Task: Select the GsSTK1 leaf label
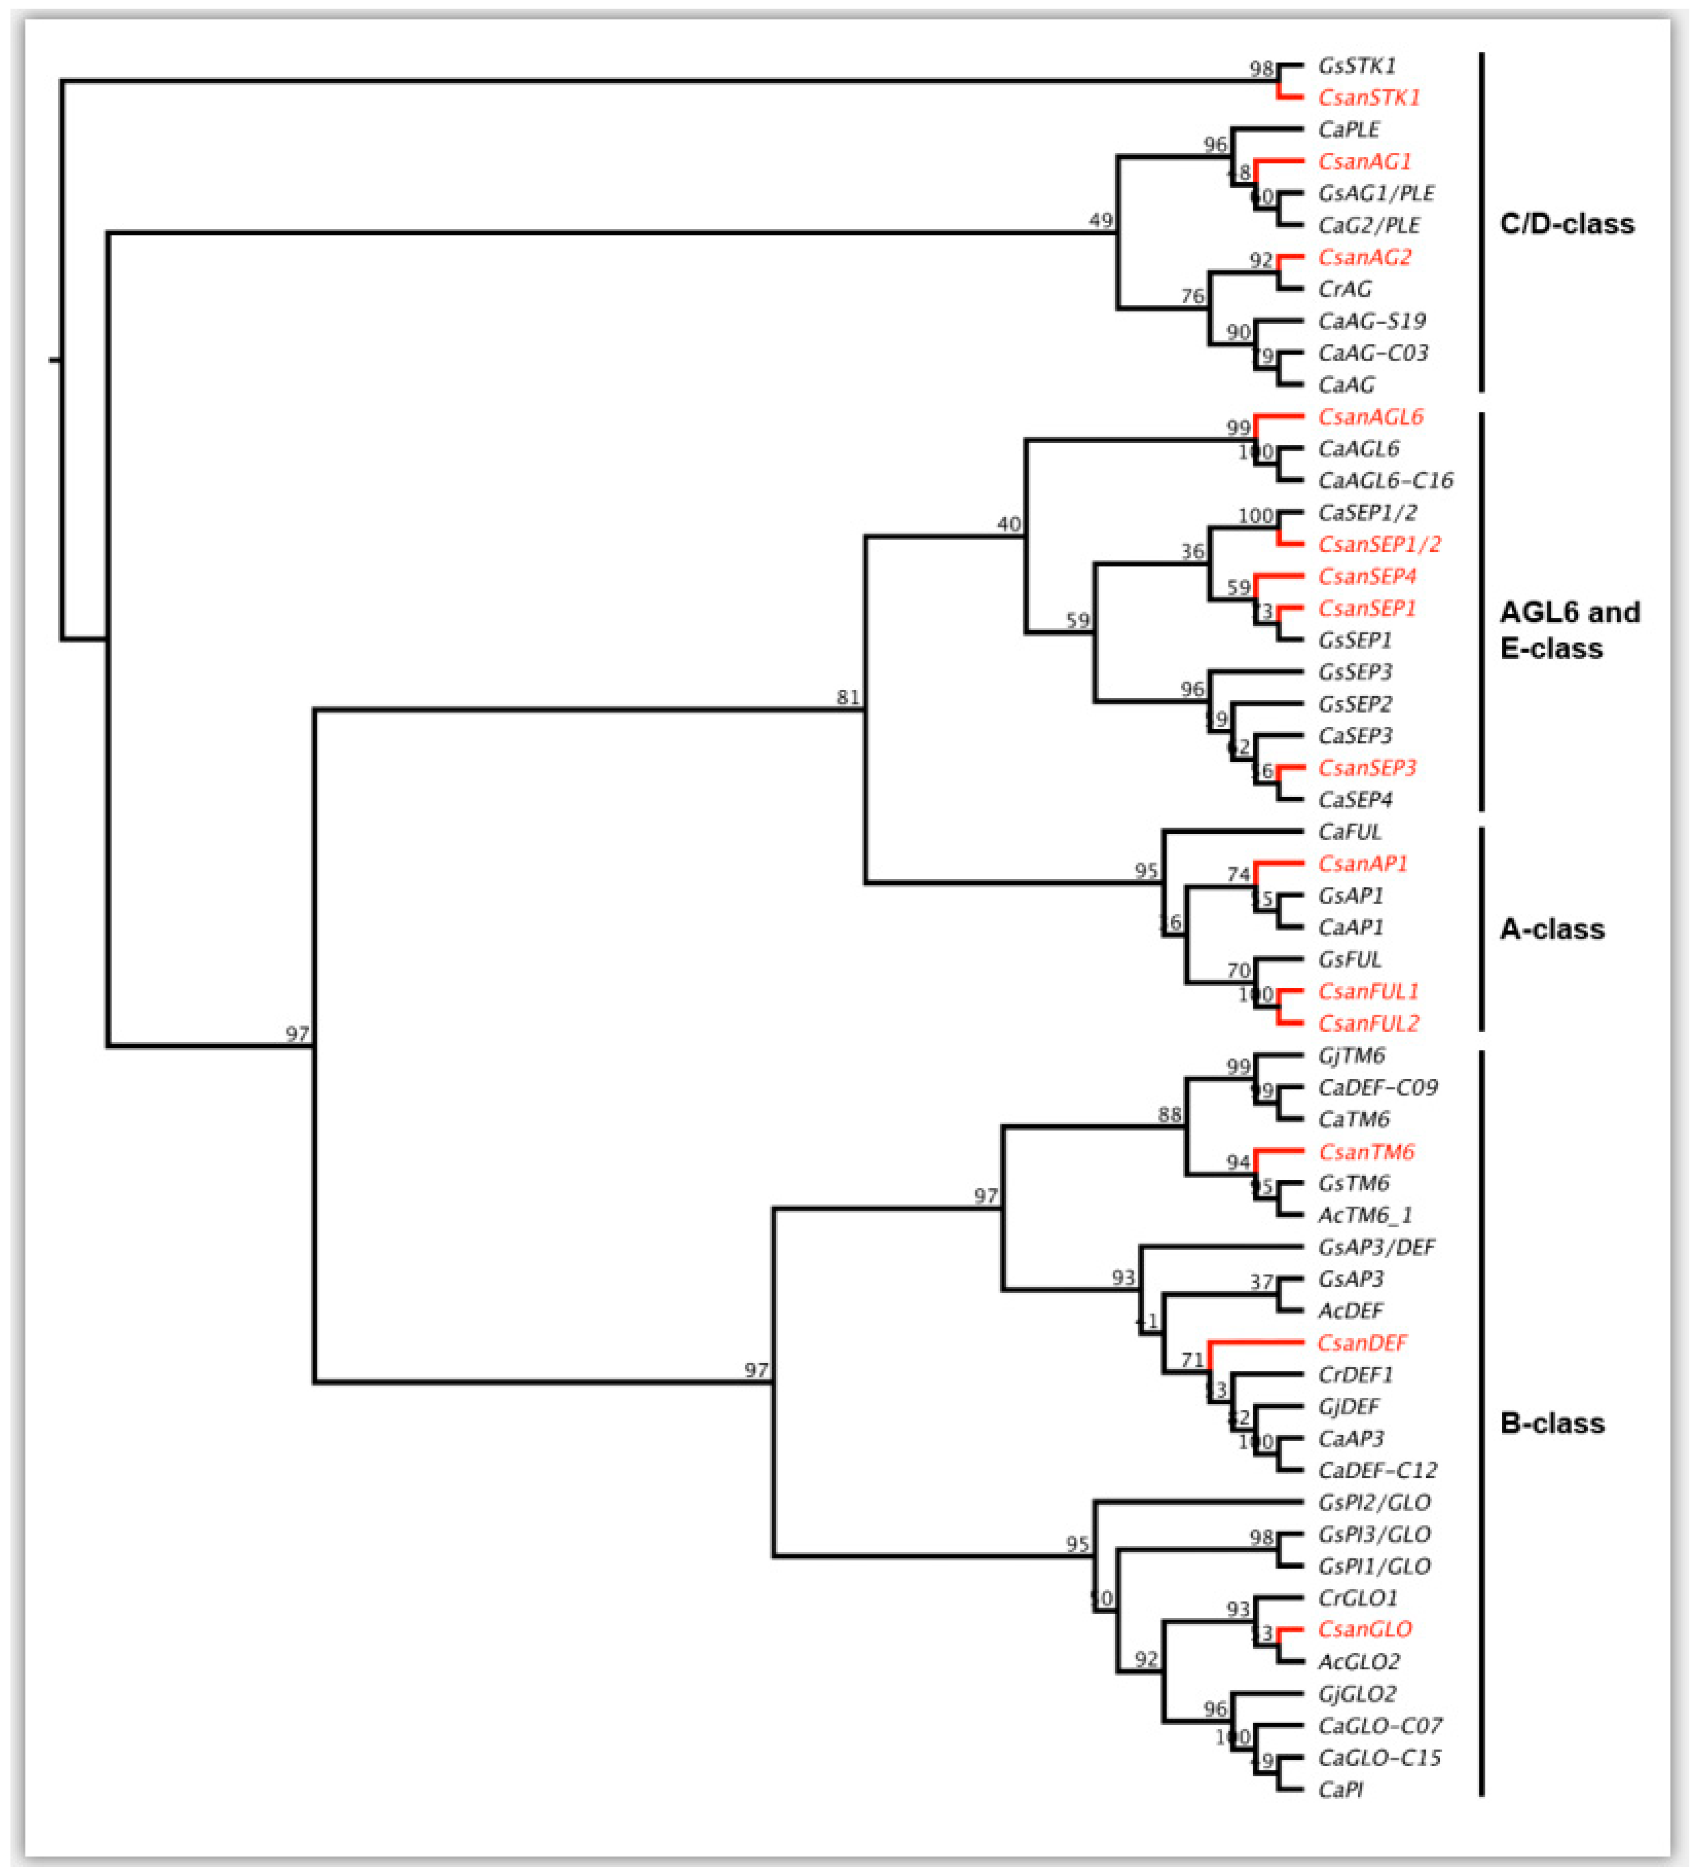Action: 1356,66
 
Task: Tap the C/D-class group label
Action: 1567,224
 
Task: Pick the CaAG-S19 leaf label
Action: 1372,321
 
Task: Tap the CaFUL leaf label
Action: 1350,832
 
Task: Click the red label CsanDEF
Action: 1362,1343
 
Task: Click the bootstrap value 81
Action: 847,697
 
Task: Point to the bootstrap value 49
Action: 1101,220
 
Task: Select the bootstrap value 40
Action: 1009,524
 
